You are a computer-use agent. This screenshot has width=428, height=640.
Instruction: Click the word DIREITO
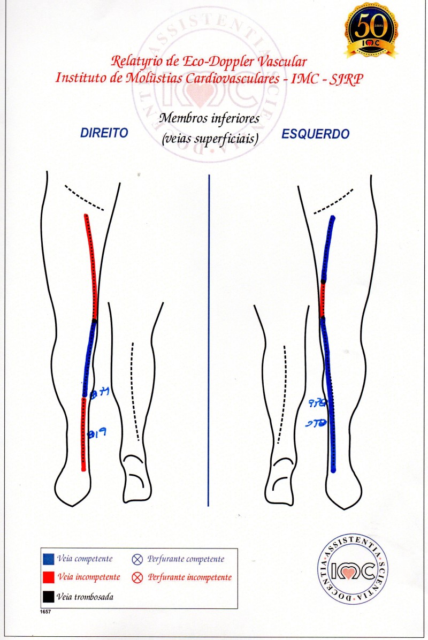pos(104,133)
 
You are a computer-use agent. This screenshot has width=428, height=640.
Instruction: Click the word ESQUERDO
pos(316,134)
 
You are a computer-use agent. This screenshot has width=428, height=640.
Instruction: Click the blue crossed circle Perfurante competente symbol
pos(137,560)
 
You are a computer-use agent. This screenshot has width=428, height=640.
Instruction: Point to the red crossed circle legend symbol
pos(137,578)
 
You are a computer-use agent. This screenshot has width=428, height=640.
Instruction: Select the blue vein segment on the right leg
pos(88,359)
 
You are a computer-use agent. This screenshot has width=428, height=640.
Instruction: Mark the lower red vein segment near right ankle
pos(83,433)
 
